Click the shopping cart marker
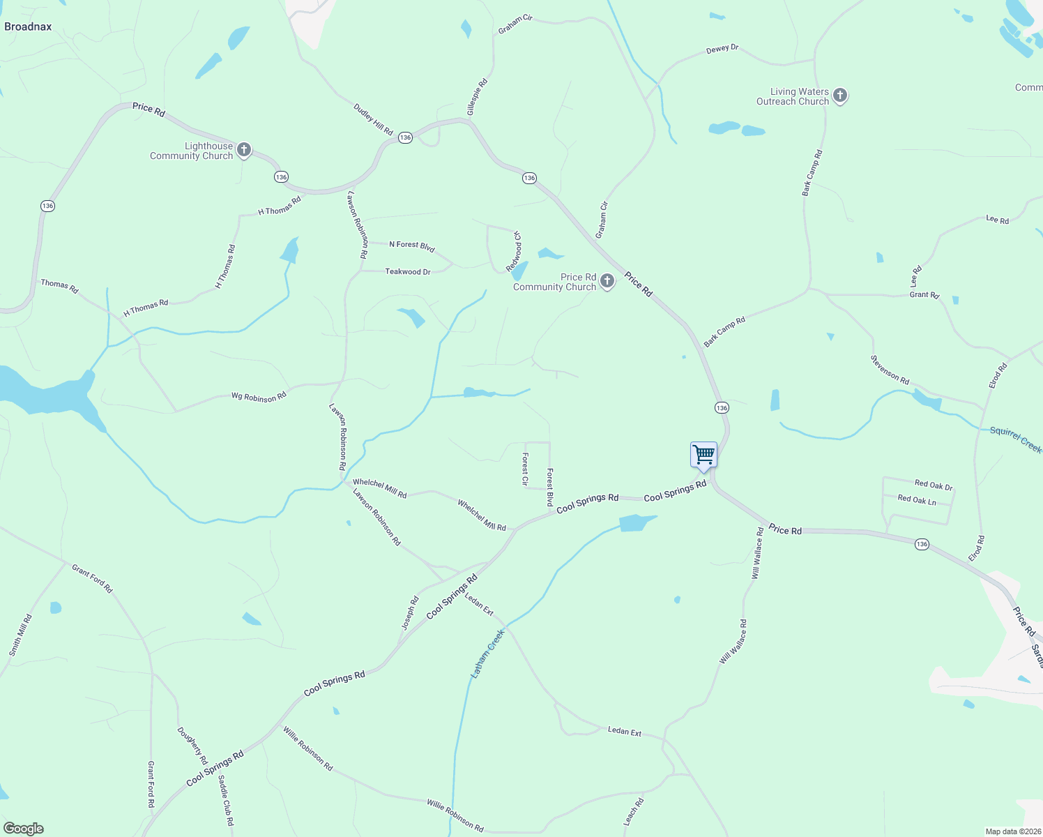click(x=703, y=455)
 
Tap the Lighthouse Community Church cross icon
click(x=244, y=149)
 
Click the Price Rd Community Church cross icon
click(x=607, y=281)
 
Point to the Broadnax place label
click(x=28, y=27)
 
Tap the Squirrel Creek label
click(x=1016, y=440)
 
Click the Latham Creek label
click(x=487, y=654)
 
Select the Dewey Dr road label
click(x=722, y=49)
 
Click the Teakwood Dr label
click(x=408, y=271)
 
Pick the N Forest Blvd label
click(x=412, y=246)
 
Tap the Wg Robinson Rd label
click(x=259, y=397)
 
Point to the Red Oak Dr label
click(x=934, y=485)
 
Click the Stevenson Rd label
click(x=890, y=370)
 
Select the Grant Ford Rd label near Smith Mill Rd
click(x=92, y=578)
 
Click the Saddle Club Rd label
click(x=226, y=801)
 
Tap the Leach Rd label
click(x=634, y=812)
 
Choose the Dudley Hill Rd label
click(x=373, y=120)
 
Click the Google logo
click(x=23, y=829)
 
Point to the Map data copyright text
click(x=1012, y=831)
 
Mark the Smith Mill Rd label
click(x=20, y=635)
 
